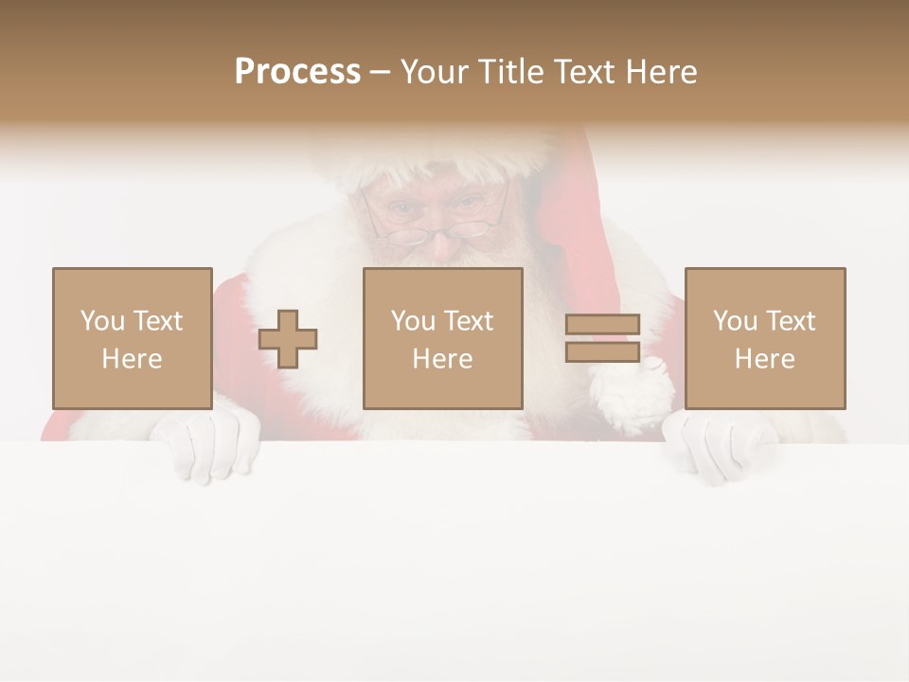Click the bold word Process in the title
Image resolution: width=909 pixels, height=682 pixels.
tap(297, 72)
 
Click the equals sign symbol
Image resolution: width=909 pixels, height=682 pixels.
tap(602, 338)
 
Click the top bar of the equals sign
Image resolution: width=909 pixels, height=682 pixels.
tap(602, 325)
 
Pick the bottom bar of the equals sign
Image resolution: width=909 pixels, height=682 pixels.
tap(602, 351)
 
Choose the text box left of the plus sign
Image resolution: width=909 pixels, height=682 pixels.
tap(132, 339)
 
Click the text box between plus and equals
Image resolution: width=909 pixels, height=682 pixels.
tap(442, 339)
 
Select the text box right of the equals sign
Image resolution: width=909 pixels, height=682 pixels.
tap(764, 339)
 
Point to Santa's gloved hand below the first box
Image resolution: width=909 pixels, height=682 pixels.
tap(208, 445)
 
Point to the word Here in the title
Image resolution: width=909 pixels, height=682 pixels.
tap(661, 72)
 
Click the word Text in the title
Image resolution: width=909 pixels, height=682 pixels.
tap(584, 72)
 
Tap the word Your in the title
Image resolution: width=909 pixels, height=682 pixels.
tap(434, 72)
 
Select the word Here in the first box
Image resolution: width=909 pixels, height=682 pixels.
tap(132, 359)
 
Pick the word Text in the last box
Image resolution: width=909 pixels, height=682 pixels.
tap(790, 321)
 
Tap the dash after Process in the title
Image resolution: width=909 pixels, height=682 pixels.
tap(380, 73)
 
